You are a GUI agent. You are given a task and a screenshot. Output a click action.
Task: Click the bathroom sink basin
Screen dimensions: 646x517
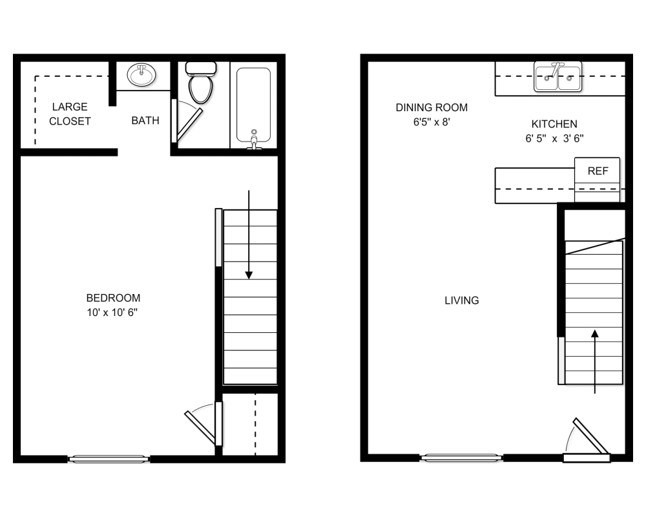[x=141, y=74]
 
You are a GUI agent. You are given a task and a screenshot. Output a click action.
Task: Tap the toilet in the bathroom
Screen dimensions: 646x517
[x=201, y=82]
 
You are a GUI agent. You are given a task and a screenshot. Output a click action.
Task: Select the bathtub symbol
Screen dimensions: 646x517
[x=253, y=107]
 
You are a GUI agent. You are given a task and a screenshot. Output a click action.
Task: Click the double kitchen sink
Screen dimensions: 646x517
[x=558, y=77]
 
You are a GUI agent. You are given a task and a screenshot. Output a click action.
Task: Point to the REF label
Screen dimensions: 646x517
[x=598, y=171]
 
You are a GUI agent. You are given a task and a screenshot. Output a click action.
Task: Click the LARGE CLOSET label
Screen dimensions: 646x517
[x=70, y=114]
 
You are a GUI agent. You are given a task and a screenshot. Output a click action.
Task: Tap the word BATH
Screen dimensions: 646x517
[x=145, y=120]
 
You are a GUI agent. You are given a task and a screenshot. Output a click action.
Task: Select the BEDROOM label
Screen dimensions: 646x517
[x=113, y=298]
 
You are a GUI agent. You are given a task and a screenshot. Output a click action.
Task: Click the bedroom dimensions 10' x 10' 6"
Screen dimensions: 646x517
[x=112, y=313]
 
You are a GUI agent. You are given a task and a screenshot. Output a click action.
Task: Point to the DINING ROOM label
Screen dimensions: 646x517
[x=432, y=108]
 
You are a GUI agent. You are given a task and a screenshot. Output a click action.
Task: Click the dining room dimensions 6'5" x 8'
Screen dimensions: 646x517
[x=432, y=122]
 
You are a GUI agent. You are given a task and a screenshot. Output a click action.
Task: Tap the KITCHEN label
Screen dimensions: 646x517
[x=554, y=124]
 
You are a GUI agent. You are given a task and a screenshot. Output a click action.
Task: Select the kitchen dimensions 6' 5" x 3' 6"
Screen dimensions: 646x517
[x=554, y=138]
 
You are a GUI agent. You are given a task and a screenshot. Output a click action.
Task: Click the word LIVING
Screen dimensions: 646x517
[x=462, y=301]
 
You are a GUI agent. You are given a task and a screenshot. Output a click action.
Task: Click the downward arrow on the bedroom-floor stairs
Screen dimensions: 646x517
[x=249, y=235]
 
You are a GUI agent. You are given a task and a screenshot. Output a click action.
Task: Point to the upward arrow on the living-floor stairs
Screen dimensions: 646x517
[x=595, y=361]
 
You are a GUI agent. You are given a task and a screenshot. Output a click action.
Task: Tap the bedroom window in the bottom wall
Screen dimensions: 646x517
[x=109, y=458]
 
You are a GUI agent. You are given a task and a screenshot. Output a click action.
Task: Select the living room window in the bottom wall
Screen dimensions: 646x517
[x=461, y=457]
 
